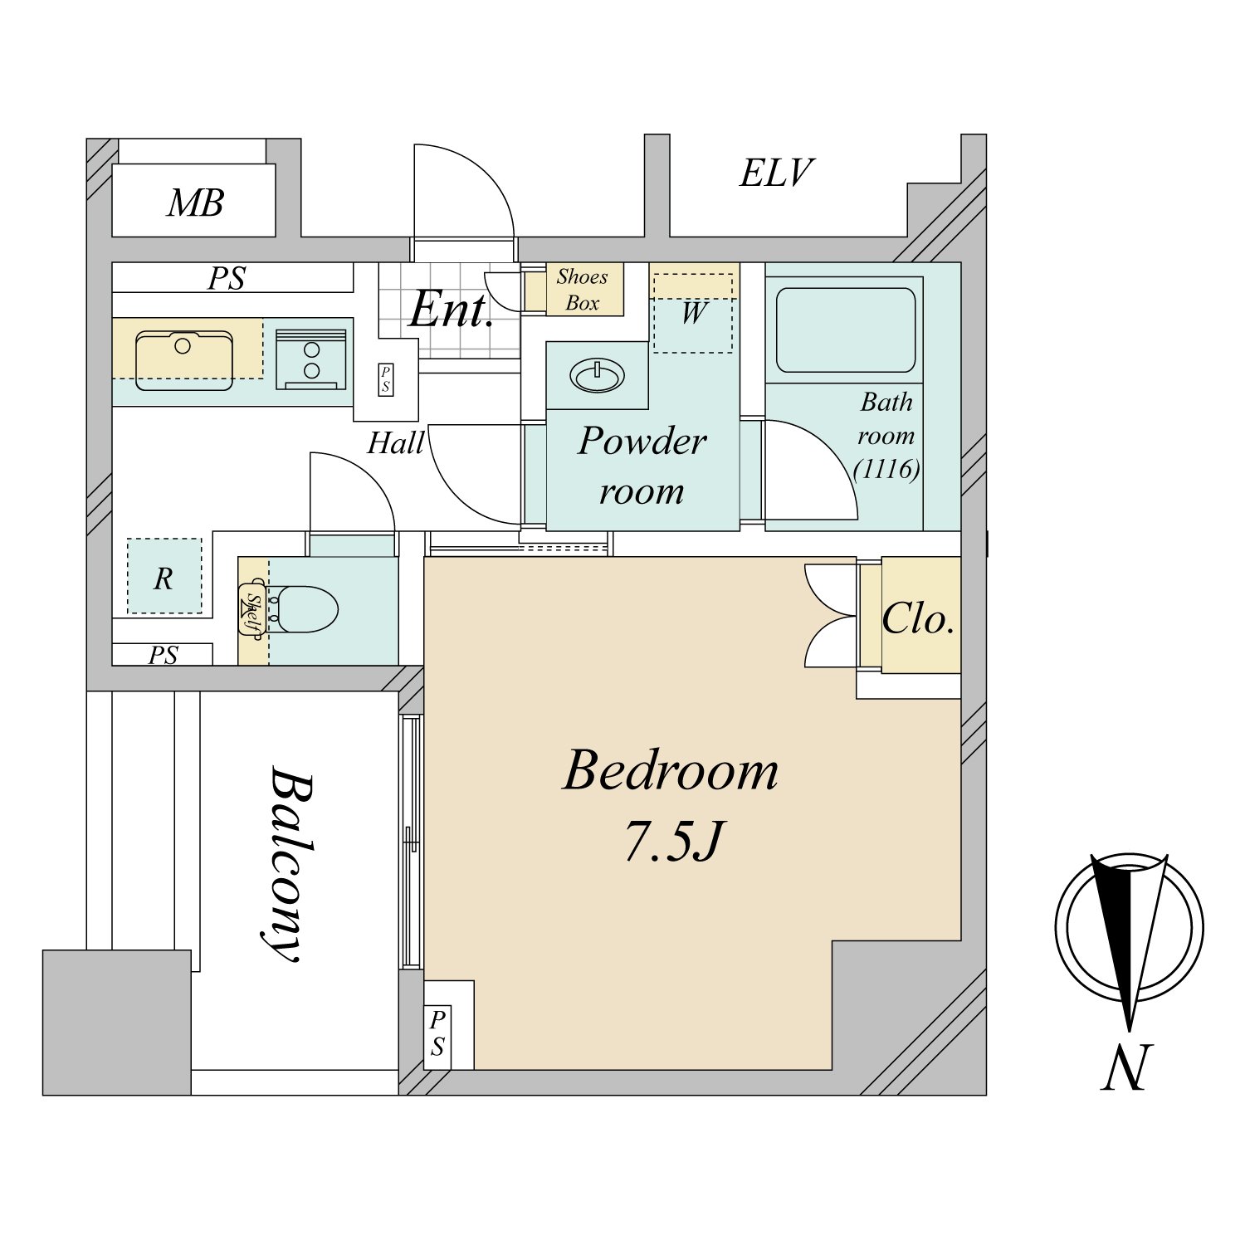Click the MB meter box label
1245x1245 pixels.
pos(195,203)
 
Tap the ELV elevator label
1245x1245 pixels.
pos(776,173)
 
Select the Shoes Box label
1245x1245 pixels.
pos(582,290)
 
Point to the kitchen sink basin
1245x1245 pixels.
pos(184,360)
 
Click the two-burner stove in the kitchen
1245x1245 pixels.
pos(311,359)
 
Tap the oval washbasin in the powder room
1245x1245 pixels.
pos(597,375)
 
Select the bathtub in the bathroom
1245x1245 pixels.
pos(846,330)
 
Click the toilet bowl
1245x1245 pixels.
pos(305,609)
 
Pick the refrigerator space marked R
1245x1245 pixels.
pos(164,576)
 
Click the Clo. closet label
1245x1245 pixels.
pos(917,619)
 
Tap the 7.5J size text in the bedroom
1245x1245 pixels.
pos(674,841)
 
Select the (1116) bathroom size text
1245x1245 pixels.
pos(886,469)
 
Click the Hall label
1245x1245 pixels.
pos(396,443)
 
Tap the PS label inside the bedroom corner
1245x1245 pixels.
pos(437,1033)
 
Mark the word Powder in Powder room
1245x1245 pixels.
pos(642,441)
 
